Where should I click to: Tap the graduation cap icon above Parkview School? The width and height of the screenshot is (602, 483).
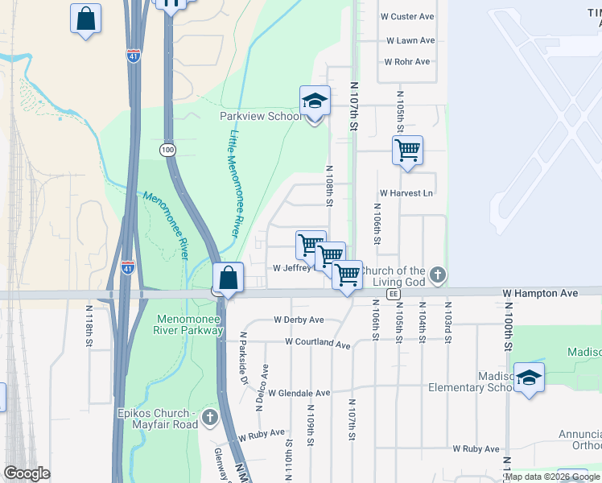coord(315,101)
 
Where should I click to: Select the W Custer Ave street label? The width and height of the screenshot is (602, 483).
coord(410,17)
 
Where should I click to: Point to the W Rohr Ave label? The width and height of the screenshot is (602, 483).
coord(408,62)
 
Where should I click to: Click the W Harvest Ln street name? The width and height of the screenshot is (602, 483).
coord(406,193)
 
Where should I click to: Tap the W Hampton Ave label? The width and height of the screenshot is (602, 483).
coord(540,295)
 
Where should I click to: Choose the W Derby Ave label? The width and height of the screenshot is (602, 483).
coord(299,320)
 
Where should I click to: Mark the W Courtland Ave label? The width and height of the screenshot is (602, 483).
coord(317,344)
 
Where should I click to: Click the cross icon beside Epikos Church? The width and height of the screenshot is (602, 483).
coord(210,416)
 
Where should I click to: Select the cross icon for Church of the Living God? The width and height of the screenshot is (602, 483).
coord(437,275)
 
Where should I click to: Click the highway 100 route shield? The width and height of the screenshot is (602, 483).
coord(167,151)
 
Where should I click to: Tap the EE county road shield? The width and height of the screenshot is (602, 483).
coord(393,295)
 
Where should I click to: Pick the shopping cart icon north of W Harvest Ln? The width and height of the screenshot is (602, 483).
coord(407,150)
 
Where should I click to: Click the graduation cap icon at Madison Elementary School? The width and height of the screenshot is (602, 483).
coord(529,378)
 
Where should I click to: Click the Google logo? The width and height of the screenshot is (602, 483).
coord(27,473)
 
